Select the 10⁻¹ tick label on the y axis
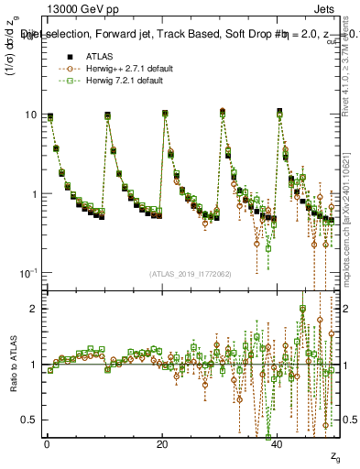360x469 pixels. pos(27,273)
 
